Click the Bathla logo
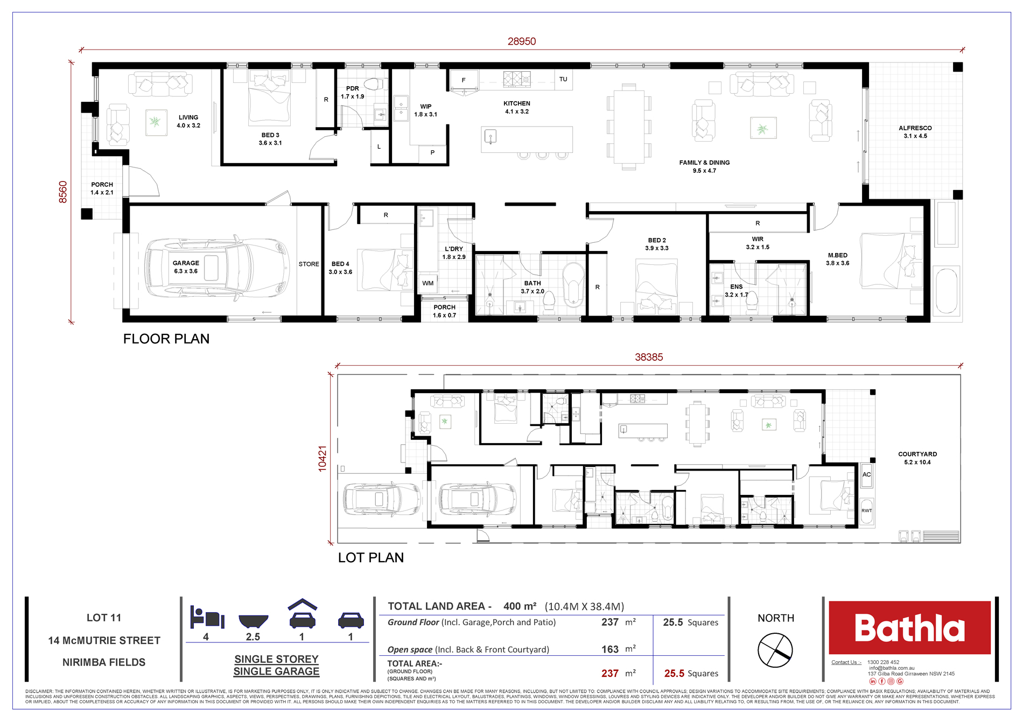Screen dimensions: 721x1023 click(909, 628)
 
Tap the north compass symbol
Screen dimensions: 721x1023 click(775, 650)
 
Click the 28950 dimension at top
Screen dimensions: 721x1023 click(521, 41)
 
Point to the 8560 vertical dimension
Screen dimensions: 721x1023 click(63, 192)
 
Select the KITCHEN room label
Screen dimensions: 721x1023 click(516, 103)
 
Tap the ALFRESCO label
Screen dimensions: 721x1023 click(915, 128)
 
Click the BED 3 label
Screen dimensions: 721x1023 click(270, 135)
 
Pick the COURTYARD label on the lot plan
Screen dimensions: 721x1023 click(917, 454)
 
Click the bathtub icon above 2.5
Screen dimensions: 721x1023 click(253, 621)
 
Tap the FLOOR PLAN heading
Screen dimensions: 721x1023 click(166, 339)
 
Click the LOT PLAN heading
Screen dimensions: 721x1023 click(370, 557)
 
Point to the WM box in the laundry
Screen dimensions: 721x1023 click(428, 283)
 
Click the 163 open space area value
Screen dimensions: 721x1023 click(609, 649)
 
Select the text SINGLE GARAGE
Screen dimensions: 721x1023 click(276, 671)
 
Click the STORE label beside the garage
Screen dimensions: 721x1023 click(309, 264)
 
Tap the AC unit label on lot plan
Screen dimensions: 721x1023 click(866, 474)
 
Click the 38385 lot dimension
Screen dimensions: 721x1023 click(648, 357)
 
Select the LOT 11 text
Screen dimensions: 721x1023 click(104, 618)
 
